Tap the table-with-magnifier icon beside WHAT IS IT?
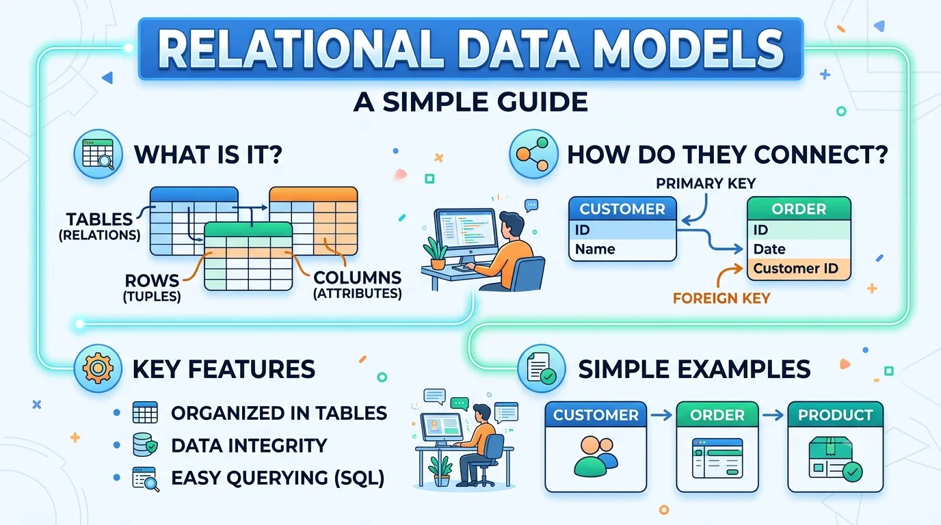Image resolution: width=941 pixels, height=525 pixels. (98, 154)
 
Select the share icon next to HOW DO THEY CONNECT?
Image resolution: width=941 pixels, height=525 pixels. (533, 154)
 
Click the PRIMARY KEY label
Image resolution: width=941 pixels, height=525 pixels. (706, 183)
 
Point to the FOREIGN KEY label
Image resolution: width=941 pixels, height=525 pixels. (721, 298)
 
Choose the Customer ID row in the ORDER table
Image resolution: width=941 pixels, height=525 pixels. (799, 269)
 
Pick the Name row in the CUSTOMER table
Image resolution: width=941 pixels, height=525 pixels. (622, 250)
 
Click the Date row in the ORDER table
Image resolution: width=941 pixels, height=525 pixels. (799, 250)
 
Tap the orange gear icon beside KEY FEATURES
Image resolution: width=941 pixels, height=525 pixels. (98, 368)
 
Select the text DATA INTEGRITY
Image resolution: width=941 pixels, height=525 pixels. (249, 446)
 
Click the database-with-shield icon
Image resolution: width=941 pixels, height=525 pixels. (145, 445)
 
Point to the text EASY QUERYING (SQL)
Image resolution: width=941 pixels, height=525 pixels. (278, 478)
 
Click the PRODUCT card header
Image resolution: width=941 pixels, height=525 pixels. (835, 415)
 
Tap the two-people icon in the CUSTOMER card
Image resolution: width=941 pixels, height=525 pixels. (595, 456)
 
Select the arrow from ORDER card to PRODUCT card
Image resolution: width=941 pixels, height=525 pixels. (773, 416)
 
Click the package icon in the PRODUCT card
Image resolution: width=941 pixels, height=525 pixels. (835, 459)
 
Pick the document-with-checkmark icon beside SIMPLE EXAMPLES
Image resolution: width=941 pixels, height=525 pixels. (542, 368)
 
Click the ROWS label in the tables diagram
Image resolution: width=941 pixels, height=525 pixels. (152, 280)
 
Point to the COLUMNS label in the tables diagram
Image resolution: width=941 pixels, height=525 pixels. (358, 278)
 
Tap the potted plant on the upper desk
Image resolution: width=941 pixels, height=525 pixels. (436, 253)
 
